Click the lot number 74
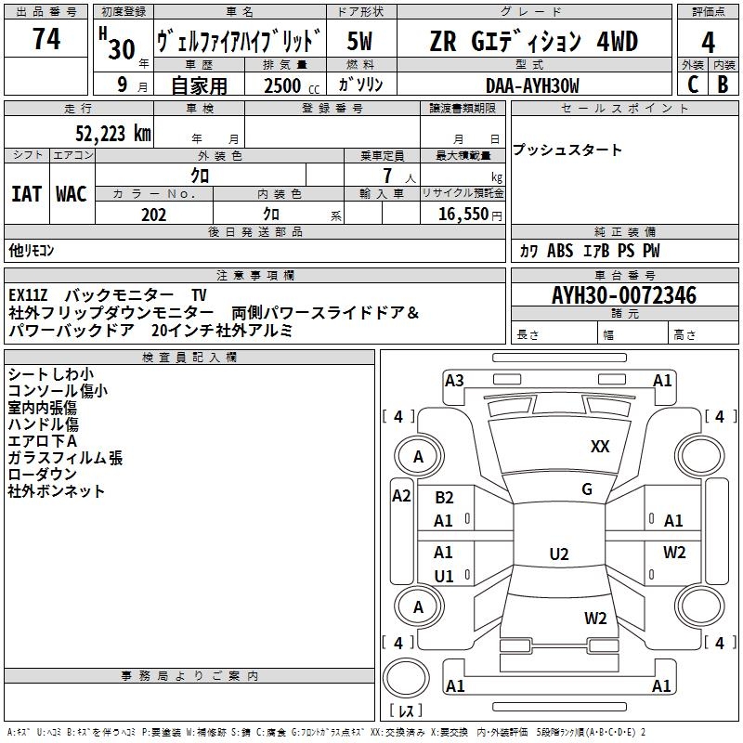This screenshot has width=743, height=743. (x=46, y=41)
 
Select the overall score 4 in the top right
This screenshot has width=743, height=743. (x=709, y=43)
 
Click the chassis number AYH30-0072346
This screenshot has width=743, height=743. (x=624, y=296)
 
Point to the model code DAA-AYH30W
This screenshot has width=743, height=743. (x=532, y=86)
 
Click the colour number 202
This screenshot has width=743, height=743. (x=154, y=215)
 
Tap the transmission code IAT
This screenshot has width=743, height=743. (x=26, y=194)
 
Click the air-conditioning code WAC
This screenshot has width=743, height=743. (x=72, y=194)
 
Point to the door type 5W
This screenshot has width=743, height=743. (x=361, y=42)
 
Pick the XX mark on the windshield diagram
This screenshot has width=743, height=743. (x=600, y=447)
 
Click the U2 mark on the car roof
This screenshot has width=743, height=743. (x=558, y=554)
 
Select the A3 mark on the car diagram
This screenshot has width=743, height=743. (x=454, y=380)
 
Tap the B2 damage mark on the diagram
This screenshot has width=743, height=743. (x=444, y=498)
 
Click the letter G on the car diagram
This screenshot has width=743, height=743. (x=587, y=489)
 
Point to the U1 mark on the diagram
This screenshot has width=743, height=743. (x=444, y=577)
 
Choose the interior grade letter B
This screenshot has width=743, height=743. (x=723, y=85)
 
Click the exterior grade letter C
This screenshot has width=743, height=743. (x=692, y=85)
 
